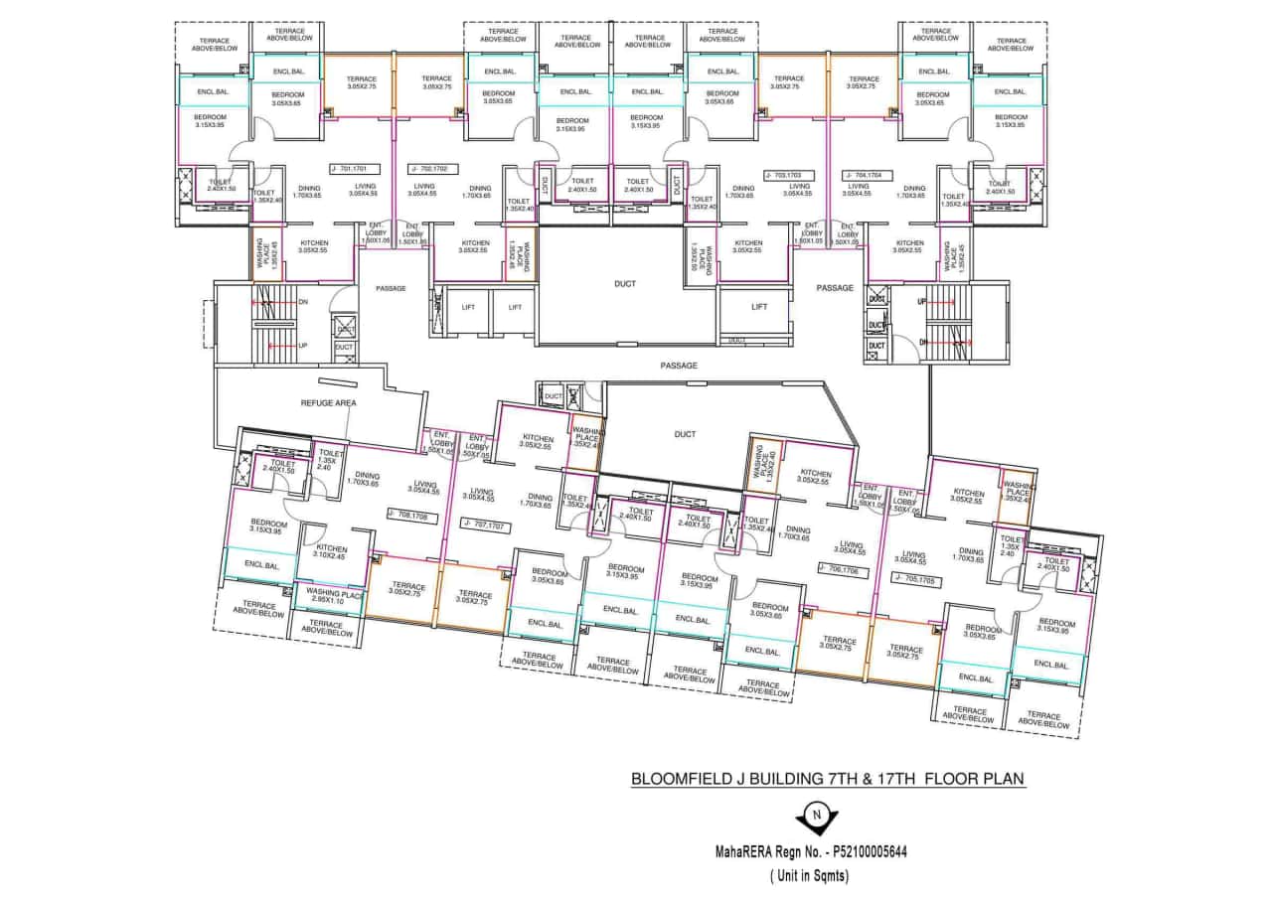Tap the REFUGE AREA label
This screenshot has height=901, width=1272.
click(328, 403)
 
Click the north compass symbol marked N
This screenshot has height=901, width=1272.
click(817, 818)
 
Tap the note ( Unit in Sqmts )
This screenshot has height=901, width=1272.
click(817, 876)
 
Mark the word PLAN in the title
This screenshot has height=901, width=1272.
click(1003, 779)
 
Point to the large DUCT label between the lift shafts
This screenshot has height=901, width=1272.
click(624, 284)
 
